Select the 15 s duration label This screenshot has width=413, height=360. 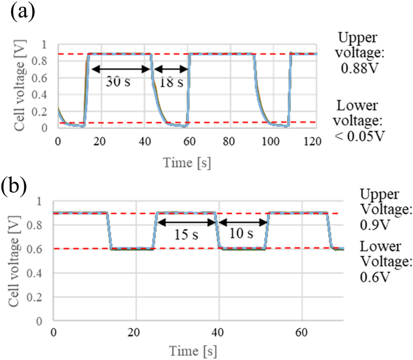point(185,235)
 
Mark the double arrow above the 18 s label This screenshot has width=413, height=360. point(169,69)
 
